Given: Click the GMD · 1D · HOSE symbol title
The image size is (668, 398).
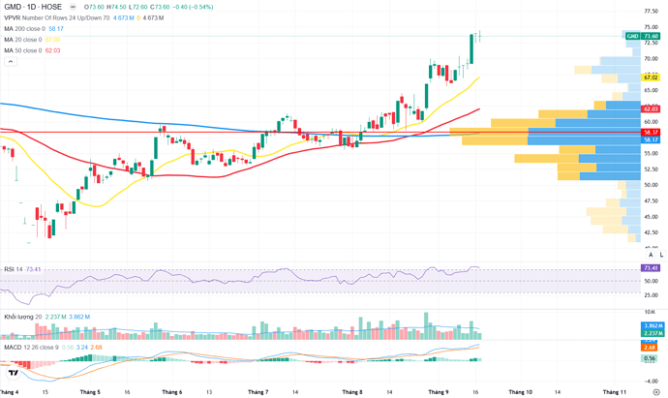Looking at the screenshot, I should (34, 7).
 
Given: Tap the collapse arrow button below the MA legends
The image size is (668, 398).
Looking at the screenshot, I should (11, 61).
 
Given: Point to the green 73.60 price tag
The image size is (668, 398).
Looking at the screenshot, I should (650, 36).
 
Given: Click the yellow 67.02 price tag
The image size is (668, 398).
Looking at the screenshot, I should (651, 77).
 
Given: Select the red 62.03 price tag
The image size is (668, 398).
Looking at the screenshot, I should (651, 109).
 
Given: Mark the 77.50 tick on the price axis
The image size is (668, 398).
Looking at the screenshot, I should (652, 12).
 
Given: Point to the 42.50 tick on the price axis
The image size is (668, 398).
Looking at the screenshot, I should (652, 232).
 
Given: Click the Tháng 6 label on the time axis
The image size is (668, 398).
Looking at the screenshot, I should (172, 392).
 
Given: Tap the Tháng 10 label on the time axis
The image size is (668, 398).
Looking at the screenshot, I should (520, 392).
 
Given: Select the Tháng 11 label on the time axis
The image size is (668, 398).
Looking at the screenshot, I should (612, 392).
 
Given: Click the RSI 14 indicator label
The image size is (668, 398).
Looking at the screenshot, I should (14, 269).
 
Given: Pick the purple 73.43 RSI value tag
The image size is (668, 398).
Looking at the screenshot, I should (651, 267).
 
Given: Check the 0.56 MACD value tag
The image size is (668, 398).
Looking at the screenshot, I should (650, 358).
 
